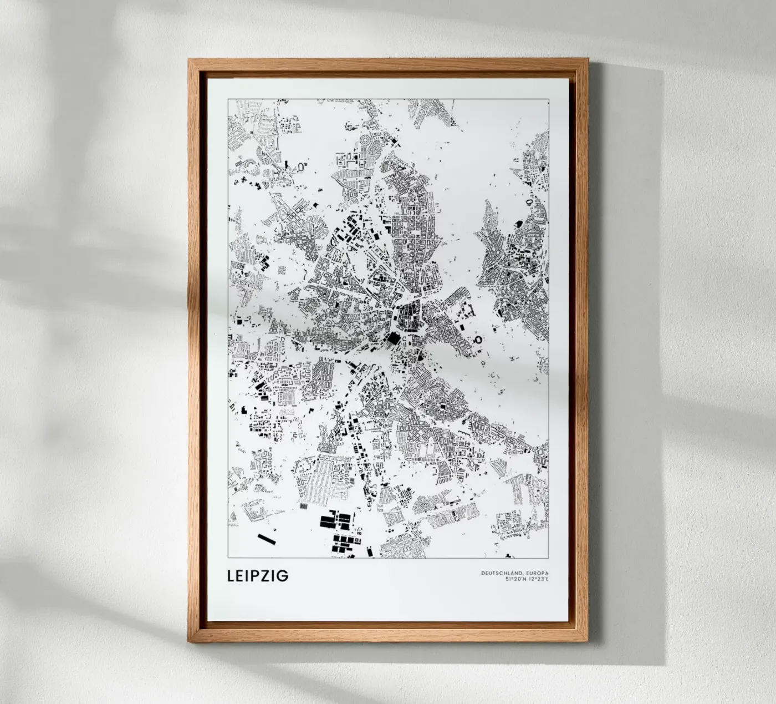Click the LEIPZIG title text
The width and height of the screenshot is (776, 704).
(x=258, y=575)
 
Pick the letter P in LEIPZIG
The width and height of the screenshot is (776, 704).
(x=257, y=575)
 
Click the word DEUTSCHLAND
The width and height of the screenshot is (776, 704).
(x=501, y=573)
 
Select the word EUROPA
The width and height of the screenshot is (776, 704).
(x=536, y=573)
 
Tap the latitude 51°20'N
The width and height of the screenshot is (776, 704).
(x=515, y=580)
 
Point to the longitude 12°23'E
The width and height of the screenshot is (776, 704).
(x=538, y=580)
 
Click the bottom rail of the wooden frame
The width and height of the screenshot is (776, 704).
(x=388, y=638)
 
